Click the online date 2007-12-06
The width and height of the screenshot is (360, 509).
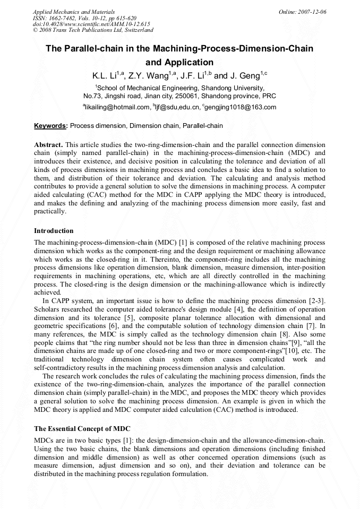[x=312, y=11]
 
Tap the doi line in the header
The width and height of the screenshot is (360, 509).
[x=91, y=24]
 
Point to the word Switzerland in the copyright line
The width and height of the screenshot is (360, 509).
[x=136, y=30]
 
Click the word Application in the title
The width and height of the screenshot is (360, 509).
[x=179, y=62]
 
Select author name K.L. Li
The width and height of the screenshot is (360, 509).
[x=107, y=76]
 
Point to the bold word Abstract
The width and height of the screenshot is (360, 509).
[x=48, y=144]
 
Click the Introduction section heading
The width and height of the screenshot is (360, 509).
[x=54, y=231]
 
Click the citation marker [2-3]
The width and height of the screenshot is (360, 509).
[x=316, y=301]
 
